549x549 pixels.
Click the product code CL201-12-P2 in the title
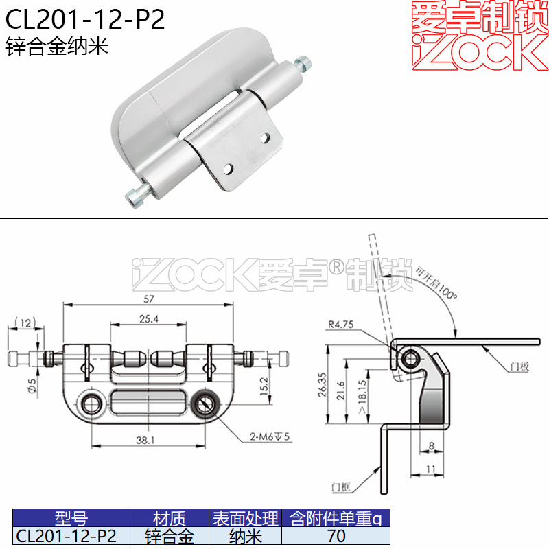[x=86, y=20]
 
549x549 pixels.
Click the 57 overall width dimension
[x=148, y=299]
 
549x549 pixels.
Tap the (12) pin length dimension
[x=25, y=322]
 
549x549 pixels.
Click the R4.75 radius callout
[x=341, y=325]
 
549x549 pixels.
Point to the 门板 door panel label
[x=519, y=367]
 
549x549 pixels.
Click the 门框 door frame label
[x=340, y=487]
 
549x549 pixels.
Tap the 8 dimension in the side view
[x=430, y=446]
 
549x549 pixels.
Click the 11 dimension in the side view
[x=430, y=469]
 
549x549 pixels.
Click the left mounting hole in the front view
[x=89, y=404]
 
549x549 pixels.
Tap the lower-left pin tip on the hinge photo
[x=132, y=199]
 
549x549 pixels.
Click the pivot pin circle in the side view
[x=411, y=358]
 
